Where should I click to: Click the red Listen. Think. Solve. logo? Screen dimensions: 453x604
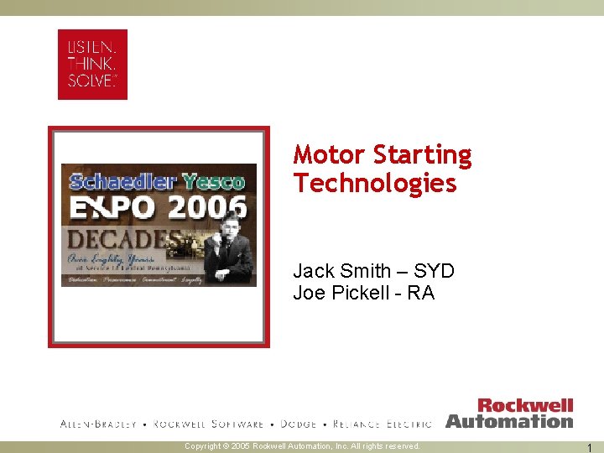[x=92, y=64]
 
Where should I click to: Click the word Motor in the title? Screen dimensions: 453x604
[x=330, y=155]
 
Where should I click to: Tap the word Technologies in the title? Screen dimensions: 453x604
[x=375, y=183]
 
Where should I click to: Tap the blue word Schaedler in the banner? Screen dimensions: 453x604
[x=120, y=181]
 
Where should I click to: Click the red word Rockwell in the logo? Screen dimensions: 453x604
[x=525, y=407]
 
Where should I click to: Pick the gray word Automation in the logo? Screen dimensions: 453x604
[x=509, y=421]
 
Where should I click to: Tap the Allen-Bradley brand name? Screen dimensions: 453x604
[x=98, y=424]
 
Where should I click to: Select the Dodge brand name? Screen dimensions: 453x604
[x=299, y=424]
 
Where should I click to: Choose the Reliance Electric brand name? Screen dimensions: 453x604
[x=383, y=424]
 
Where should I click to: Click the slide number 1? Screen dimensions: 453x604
[x=591, y=447]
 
